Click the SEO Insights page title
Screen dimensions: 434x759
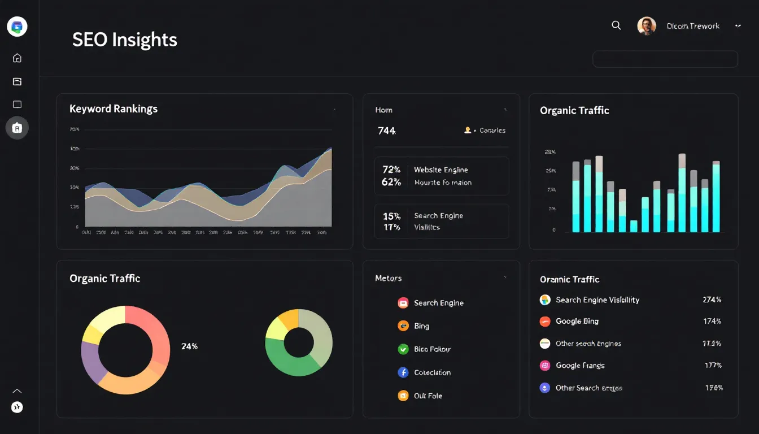point(124,40)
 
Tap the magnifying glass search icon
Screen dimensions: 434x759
point(616,25)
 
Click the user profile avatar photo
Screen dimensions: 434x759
point(647,26)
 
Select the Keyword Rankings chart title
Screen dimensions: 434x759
point(114,108)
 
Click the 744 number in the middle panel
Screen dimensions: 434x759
point(386,131)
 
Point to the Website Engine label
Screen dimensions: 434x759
point(440,170)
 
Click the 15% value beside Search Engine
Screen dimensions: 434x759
point(391,216)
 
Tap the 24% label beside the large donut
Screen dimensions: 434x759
point(189,346)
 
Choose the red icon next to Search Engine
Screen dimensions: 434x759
point(403,303)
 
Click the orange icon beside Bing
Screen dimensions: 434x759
point(403,326)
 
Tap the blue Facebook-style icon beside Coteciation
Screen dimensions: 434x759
point(403,372)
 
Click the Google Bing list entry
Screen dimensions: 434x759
point(577,321)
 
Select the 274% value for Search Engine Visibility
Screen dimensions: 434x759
point(712,300)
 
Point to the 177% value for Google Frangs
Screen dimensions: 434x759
point(713,365)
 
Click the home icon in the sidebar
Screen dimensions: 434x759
point(17,58)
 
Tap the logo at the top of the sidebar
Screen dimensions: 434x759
point(17,26)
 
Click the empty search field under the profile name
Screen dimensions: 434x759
point(665,59)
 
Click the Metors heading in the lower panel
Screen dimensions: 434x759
point(388,278)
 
